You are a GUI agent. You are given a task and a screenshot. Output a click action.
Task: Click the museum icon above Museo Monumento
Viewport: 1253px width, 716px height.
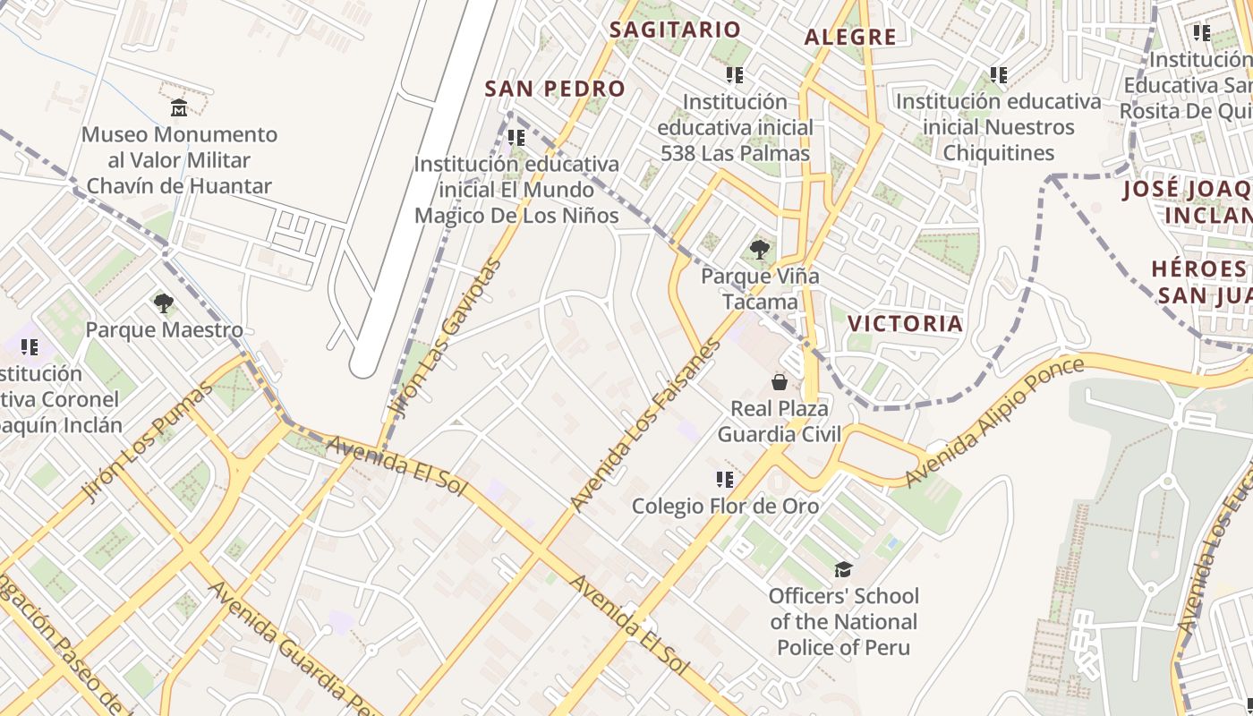coord(179,108)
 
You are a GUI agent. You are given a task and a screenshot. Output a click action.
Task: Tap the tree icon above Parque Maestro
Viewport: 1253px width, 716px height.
coord(163,303)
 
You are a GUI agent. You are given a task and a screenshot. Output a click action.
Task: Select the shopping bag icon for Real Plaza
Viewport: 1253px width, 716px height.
coord(779,382)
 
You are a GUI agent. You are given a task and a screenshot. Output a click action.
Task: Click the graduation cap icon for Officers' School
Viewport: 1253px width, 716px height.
coord(843,569)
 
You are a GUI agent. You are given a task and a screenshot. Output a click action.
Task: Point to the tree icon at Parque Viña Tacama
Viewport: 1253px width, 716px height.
coord(760,249)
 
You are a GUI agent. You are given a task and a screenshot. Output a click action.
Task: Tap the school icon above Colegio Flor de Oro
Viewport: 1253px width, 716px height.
coord(725,480)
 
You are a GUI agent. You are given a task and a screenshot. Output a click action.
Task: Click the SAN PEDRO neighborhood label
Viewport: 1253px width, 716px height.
coord(554,89)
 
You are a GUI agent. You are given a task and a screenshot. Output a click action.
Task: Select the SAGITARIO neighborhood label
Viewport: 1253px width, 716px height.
coord(675,30)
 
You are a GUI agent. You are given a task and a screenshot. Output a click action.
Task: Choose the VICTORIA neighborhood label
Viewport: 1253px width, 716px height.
coord(905,323)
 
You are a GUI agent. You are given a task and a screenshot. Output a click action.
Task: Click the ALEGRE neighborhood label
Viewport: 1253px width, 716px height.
coord(849,37)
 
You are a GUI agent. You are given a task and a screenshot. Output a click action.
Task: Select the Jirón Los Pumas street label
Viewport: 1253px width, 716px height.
coord(148,440)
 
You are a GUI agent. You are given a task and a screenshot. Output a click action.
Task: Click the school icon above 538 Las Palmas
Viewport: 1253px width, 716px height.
coord(735,75)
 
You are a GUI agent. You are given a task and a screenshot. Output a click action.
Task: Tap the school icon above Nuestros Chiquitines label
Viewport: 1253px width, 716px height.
coord(999,75)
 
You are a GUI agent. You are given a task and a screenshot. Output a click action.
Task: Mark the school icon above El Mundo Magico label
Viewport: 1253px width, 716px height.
coord(516,138)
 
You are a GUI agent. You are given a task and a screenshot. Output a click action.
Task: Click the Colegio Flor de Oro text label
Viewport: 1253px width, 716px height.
coord(725,506)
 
